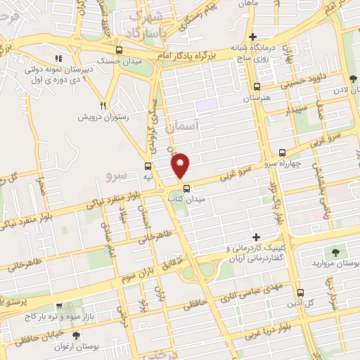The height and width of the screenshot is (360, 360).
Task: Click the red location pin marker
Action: click(181, 165)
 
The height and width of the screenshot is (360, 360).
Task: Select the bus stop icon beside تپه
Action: click(148, 167)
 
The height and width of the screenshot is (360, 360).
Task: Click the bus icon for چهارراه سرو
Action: click(282, 153)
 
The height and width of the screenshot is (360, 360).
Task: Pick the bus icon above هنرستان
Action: click(256, 88)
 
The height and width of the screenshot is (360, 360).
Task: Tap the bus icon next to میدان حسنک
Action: click(119, 51)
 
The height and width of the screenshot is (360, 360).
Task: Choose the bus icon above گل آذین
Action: click(300, 292)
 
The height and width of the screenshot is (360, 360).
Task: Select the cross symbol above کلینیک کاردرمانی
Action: click(256, 237)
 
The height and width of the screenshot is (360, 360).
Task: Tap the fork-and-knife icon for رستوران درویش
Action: click(103, 105)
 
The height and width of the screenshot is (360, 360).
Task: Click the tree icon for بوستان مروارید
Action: click(335, 251)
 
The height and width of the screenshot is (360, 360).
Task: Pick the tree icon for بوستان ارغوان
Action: click(76, 335)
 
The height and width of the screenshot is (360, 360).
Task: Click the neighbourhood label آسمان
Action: click(184, 126)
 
